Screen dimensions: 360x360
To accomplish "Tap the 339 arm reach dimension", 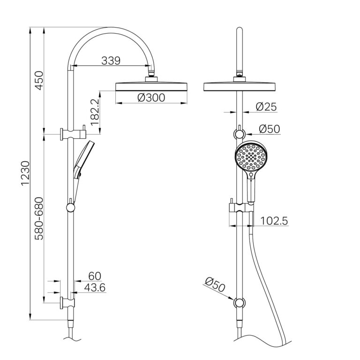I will (x=111, y=60).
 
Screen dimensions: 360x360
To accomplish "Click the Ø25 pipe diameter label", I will (x=266, y=107).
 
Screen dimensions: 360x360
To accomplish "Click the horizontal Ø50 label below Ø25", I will (x=269, y=128).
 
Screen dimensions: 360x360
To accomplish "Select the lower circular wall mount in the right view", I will (x=240, y=303).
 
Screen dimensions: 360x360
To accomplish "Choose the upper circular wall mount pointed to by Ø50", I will (x=240, y=135).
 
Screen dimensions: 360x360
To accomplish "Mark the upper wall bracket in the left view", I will (x=71, y=134).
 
